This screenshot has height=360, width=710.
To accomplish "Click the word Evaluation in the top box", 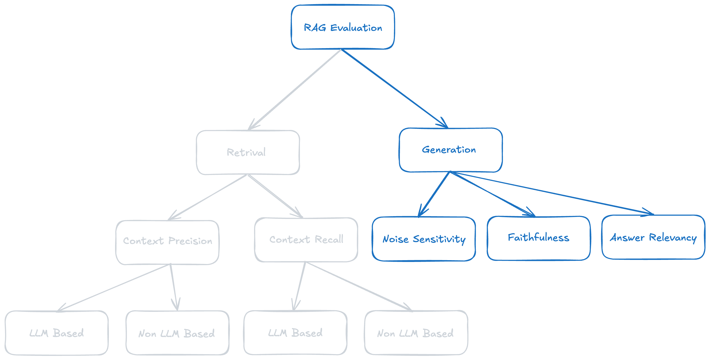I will pyautogui.click(x=356, y=28).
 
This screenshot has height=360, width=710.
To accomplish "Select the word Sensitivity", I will pyautogui.click(x=439, y=239).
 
